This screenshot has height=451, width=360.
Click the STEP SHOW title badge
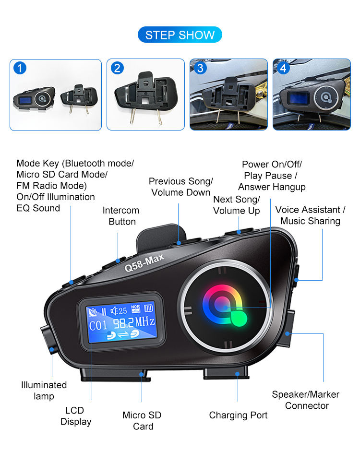(x=180, y=35)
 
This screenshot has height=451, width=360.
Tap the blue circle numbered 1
(x=19, y=68)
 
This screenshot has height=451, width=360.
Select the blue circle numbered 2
(x=117, y=68)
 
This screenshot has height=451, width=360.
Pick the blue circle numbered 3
(x=200, y=68)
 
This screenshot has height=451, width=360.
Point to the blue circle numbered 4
(x=283, y=68)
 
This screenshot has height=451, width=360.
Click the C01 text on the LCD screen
(x=98, y=326)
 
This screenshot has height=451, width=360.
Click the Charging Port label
(x=238, y=415)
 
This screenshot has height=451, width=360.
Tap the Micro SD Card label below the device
(x=142, y=421)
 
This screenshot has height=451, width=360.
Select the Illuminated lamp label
(x=44, y=391)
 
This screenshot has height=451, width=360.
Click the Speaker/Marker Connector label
(x=305, y=400)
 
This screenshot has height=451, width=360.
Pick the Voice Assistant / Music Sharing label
(x=310, y=215)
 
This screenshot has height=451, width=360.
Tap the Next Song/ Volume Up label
(x=237, y=205)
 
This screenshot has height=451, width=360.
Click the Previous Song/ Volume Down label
(x=180, y=187)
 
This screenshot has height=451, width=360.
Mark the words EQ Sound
(x=38, y=208)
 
